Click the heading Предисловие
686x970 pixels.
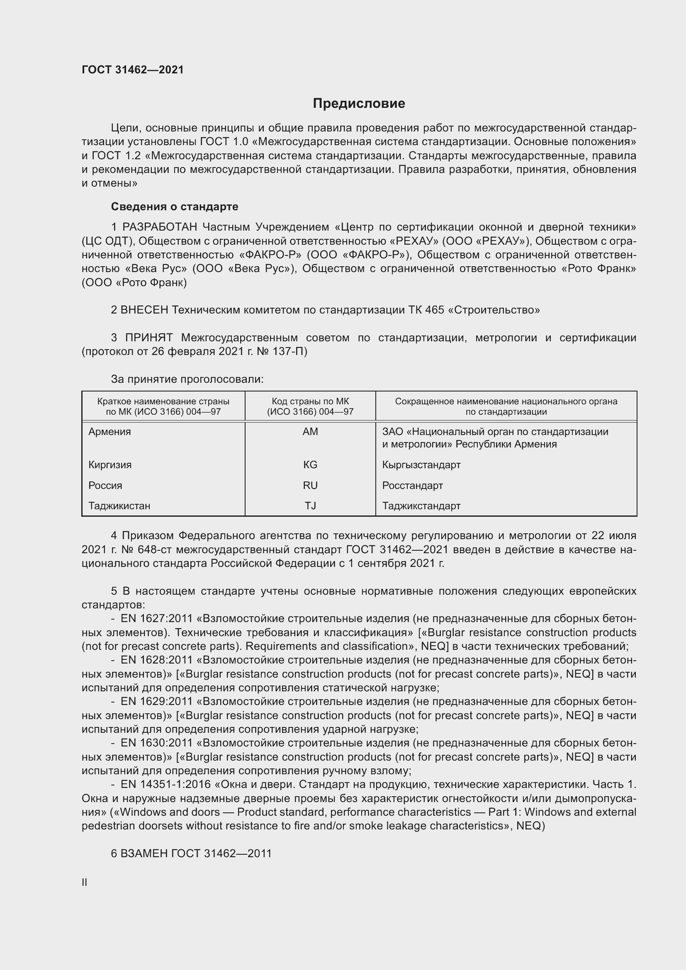coord(359,104)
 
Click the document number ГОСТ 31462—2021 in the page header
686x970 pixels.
coord(133,70)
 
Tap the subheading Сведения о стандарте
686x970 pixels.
coord(175,207)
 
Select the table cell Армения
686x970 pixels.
coord(110,432)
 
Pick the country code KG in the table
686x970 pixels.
coord(310,465)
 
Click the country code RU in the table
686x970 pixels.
coord(310,486)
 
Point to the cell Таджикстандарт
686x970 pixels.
coord(421,506)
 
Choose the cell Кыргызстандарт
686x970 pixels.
coord(421,465)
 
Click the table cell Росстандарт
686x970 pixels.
coord(412,486)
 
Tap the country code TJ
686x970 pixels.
coord(310,506)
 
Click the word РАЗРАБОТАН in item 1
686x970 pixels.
coord(160,227)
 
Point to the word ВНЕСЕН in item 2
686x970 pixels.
coord(144,310)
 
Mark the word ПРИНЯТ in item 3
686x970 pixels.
coord(149,338)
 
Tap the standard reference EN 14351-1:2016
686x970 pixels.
coord(165,785)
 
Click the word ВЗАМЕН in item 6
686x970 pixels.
coord(144,853)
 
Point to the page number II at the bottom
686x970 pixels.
coord(85,882)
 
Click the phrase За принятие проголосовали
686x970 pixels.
coord(187,379)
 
